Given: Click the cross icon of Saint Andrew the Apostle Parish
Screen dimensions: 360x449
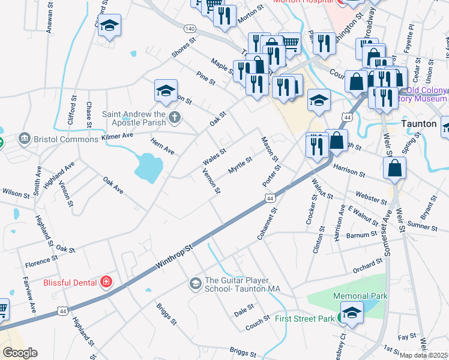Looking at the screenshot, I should point(175,116).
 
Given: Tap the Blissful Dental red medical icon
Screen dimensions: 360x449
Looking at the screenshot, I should point(106,281).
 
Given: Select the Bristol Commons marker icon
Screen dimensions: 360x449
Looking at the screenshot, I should point(25,139).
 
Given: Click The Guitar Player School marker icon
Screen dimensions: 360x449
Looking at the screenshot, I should point(195,282).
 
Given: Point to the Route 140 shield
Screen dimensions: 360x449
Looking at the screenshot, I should point(190,29).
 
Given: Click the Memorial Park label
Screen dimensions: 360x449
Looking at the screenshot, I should point(360,296).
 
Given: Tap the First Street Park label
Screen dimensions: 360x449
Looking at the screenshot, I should point(304,319).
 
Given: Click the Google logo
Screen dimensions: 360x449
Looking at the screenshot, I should point(20,352).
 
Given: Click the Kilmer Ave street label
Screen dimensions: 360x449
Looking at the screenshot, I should point(117,137).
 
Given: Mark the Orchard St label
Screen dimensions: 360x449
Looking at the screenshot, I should point(367,266).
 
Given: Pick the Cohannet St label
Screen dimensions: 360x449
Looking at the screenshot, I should point(267,224).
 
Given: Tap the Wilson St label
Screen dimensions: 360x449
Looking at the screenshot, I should point(16,193).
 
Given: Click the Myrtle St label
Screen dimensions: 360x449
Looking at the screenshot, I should point(240,165).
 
